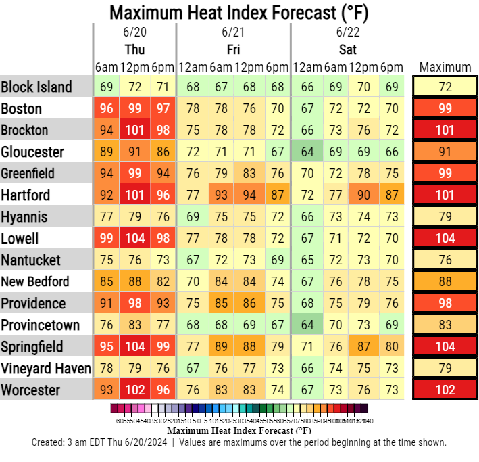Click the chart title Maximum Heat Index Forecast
tap(239, 12)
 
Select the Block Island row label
tap(36, 87)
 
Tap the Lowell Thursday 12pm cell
tap(134, 238)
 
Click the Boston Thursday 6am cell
tap(106, 108)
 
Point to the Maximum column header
tap(445, 67)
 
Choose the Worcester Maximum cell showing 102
tap(445, 390)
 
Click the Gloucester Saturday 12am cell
tap(307, 152)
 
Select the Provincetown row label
tap(41, 325)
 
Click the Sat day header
tap(347, 49)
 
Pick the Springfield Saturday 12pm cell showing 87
tap(363, 346)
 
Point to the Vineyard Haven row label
tap(46, 368)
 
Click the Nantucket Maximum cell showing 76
tap(445, 260)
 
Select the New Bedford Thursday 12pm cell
tap(134, 281)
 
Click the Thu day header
tap(134, 49)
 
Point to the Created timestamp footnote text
tap(239, 442)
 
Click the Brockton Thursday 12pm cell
tap(134, 130)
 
